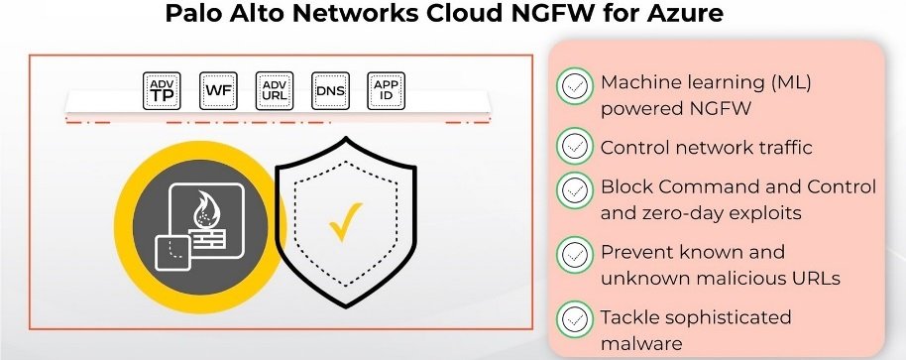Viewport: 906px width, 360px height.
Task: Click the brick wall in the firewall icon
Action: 206,238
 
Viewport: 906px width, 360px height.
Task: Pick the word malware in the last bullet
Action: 641,343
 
